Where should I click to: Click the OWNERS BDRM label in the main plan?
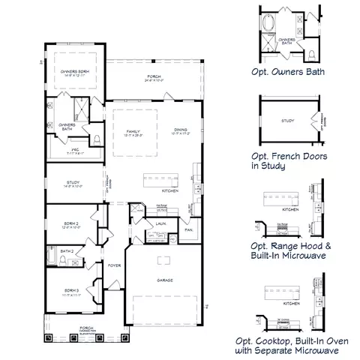point(75,72)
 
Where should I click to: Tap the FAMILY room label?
point(133,131)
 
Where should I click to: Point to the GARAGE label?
point(166,280)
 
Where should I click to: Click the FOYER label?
point(114,265)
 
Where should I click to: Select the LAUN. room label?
point(160,223)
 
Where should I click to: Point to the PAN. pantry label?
point(190,229)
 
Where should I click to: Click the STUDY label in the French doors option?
point(287,119)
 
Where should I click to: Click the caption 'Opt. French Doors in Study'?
point(284,162)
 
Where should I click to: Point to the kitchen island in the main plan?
point(161,179)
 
